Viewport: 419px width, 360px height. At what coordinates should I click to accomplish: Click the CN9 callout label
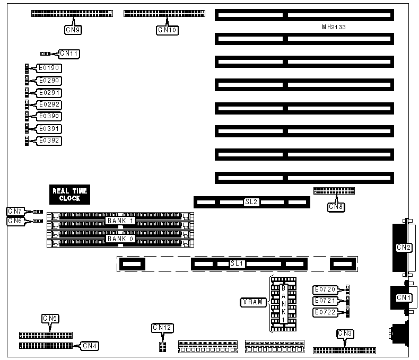pos(73,30)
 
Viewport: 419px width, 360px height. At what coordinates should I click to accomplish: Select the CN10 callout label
pos(167,30)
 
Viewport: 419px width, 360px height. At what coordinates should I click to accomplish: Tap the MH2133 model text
pos(334,27)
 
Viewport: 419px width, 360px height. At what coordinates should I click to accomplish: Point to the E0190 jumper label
pos(49,68)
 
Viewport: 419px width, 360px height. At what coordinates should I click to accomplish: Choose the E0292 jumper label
pos(49,105)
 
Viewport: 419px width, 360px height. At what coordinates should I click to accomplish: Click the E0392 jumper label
pos(49,141)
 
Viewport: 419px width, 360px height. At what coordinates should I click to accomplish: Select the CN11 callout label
pos(69,53)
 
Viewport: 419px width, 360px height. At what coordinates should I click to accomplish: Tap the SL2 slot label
pos(251,202)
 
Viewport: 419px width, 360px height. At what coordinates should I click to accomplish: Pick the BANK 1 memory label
pos(121,220)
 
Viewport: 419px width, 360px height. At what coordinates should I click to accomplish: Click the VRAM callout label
pos(250,302)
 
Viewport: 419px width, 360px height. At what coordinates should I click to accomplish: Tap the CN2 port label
pos(404,247)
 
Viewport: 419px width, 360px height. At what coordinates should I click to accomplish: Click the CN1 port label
pos(404,298)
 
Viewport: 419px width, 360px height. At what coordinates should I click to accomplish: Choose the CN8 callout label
pos(336,206)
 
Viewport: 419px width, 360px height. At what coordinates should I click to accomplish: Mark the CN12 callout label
pos(162,328)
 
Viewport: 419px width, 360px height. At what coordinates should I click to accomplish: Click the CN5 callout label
pos(50,319)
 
